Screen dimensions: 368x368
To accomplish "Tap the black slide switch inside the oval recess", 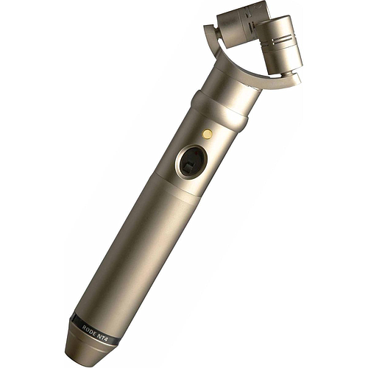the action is [x=189, y=168].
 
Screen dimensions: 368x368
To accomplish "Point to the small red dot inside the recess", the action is [x=197, y=152].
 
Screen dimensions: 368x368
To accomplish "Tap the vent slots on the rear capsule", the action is [x=251, y=24].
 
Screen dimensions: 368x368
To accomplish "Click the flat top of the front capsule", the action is [x=275, y=21].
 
